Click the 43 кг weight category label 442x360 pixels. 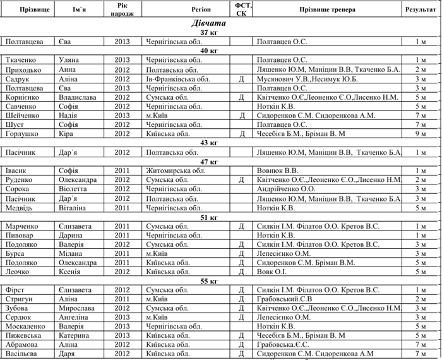pos(208,143)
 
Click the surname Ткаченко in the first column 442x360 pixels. pos(21,60)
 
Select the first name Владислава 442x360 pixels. pos(78,98)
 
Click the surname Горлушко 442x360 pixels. pos(23,134)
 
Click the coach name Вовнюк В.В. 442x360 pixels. pos(278,171)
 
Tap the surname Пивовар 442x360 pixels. pos(21,235)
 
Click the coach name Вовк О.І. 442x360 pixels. pos(272,272)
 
